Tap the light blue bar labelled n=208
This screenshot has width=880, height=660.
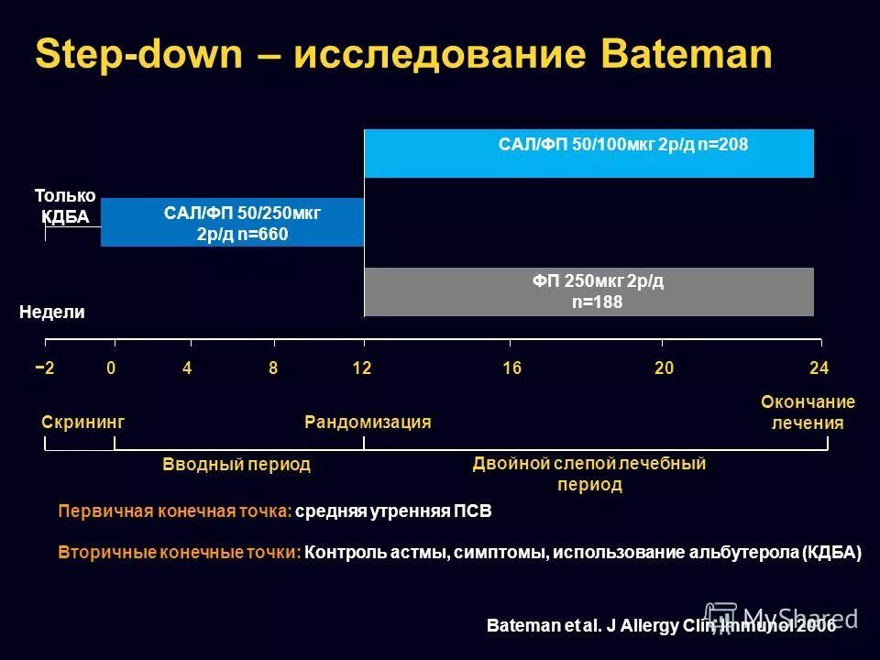click(x=589, y=153)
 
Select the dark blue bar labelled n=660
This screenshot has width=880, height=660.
click(x=233, y=223)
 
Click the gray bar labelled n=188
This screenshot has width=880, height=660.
click(x=589, y=291)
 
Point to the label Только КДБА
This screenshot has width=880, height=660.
click(x=65, y=206)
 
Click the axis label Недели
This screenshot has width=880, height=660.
click(x=51, y=313)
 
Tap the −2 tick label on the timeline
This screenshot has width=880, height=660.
click(x=45, y=368)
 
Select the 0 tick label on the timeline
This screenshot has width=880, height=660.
click(x=111, y=368)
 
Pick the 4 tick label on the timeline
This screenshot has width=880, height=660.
click(x=187, y=368)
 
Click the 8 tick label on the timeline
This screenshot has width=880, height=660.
click(x=273, y=368)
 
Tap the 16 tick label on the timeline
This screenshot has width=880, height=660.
click(x=511, y=368)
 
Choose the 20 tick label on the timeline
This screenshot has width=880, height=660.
click(x=664, y=368)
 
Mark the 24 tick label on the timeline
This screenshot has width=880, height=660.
click(x=819, y=368)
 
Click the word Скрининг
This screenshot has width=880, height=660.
click(x=82, y=422)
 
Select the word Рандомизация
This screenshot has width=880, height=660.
click(x=368, y=422)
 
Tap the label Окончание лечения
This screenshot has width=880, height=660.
click(x=808, y=412)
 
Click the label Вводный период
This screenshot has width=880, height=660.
click(x=236, y=465)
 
